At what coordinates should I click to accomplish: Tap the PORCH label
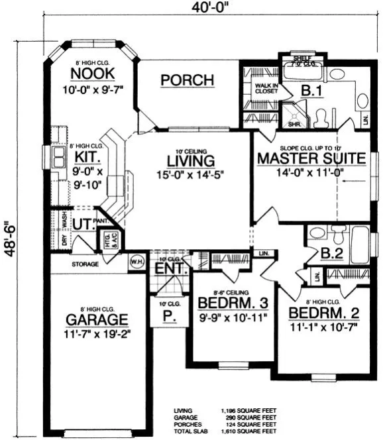(x=188, y=80)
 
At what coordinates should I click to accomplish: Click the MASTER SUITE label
(x=311, y=158)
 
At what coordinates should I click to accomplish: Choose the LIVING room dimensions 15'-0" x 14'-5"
(x=190, y=177)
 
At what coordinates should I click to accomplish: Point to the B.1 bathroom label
(x=309, y=89)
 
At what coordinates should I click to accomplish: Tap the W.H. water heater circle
(x=138, y=259)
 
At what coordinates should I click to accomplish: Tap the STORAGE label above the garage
(x=85, y=264)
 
